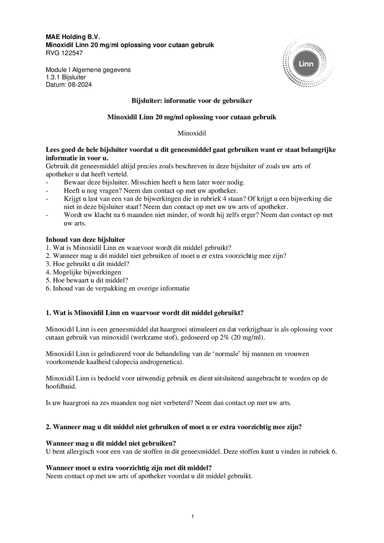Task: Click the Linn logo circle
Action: (306, 64)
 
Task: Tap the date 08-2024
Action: (80, 85)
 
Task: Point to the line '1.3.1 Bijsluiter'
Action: (66, 77)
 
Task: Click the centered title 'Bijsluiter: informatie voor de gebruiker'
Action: (192, 101)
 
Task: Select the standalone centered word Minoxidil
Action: (192, 133)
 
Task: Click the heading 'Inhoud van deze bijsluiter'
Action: (85, 240)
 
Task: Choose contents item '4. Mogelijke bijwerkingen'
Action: (84, 272)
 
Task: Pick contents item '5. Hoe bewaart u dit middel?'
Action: (87, 280)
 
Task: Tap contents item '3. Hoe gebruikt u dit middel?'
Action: (87, 264)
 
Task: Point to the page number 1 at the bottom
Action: (193, 516)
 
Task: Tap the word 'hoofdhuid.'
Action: (61, 386)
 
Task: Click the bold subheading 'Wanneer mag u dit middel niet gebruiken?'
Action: (111, 443)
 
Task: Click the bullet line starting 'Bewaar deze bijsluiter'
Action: (154, 182)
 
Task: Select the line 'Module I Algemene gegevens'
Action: (88, 70)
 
